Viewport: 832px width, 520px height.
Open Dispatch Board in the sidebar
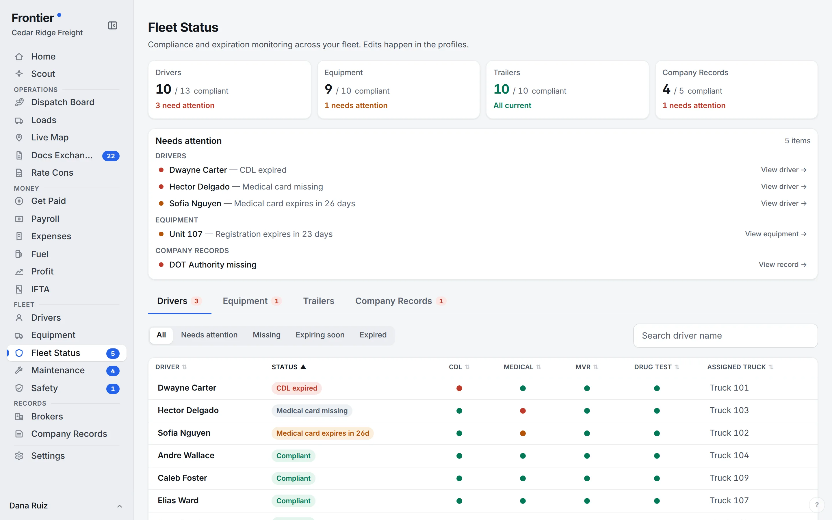coord(63,102)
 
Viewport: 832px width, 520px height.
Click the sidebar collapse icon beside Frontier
coord(113,25)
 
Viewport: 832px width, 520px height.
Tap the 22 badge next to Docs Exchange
coord(111,156)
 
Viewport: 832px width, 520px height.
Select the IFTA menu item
coord(40,289)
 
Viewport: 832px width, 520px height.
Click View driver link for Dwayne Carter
coord(783,170)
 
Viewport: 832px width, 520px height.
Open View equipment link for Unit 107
coord(776,234)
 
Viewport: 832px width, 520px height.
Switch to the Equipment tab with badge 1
coord(252,301)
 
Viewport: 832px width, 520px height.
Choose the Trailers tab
coord(318,301)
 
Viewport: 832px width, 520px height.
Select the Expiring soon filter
coord(320,335)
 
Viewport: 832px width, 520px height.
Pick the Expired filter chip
coord(373,335)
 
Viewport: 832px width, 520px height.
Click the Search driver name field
coord(725,336)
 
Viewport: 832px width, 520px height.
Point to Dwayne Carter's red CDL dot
coord(459,388)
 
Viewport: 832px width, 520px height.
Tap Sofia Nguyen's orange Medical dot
coord(523,433)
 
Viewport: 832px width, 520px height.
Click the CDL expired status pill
coord(296,388)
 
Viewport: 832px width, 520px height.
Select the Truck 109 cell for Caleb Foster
coord(729,478)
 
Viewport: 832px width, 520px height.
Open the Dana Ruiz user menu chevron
coord(119,506)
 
